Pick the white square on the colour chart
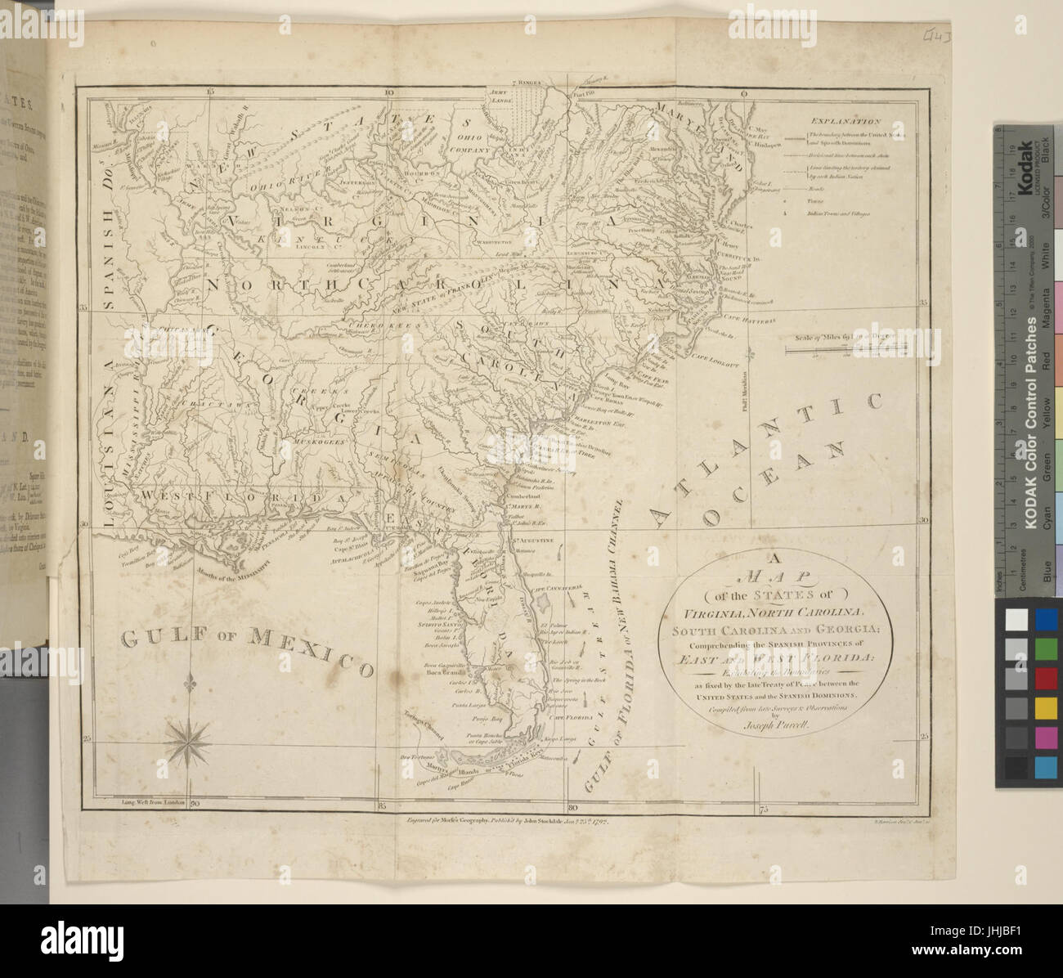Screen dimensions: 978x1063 click(x=1016, y=619)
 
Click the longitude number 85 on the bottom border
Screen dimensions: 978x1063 click(x=381, y=807)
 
